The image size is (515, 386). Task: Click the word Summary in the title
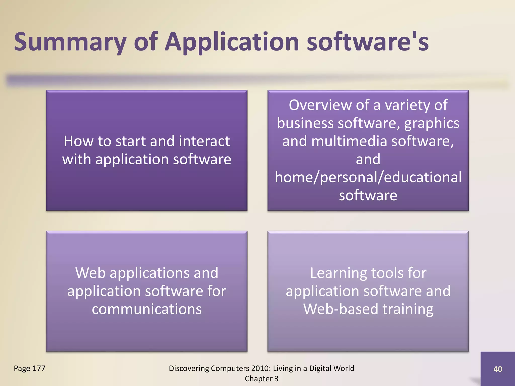click(70, 42)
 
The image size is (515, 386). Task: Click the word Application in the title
click(232, 42)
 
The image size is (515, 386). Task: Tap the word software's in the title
click(367, 42)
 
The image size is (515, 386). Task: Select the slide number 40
click(497, 369)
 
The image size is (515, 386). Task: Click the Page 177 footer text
click(29, 368)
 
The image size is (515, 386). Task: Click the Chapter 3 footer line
click(262, 379)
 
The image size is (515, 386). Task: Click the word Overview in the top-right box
click(320, 105)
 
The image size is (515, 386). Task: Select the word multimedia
click(349, 141)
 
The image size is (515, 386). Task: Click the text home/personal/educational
click(368, 177)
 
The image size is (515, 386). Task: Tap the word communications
click(147, 309)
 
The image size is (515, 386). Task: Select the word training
click(408, 309)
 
